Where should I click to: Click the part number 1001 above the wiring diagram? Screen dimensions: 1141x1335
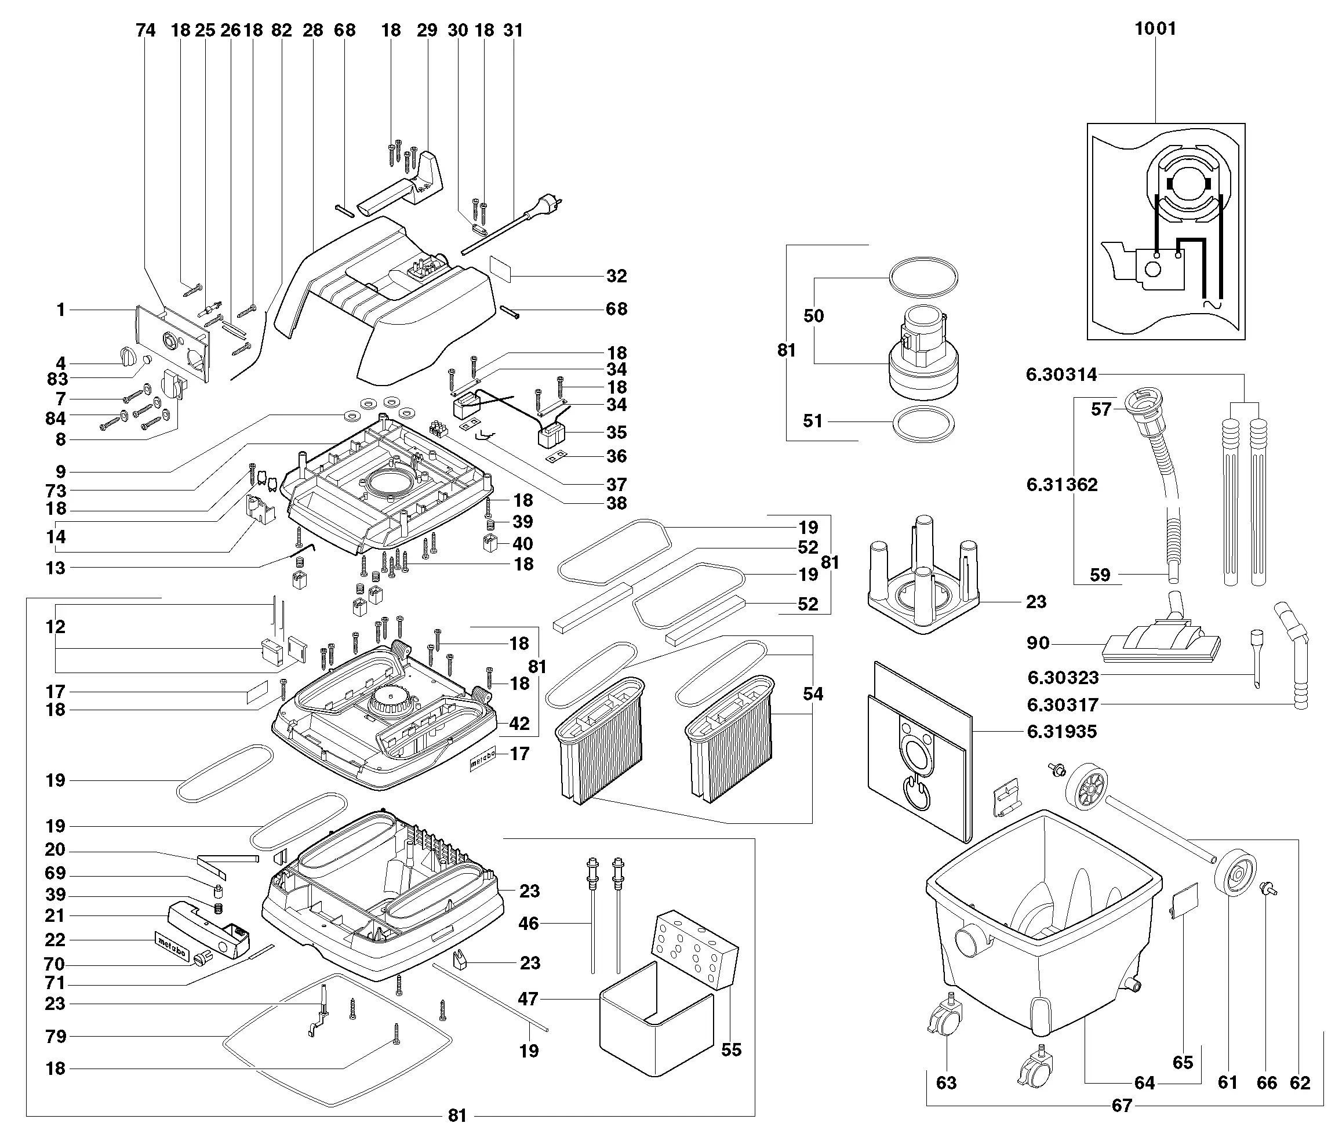(1155, 28)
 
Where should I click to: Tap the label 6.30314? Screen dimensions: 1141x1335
(1061, 375)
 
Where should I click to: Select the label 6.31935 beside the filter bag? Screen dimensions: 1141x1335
(1062, 731)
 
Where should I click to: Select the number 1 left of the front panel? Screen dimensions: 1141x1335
(61, 310)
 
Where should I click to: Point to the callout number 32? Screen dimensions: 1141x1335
(617, 276)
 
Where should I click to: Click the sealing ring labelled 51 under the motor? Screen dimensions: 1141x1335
(922, 424)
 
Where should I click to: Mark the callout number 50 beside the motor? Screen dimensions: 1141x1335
(814, 316)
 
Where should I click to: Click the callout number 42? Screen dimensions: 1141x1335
(519, 724)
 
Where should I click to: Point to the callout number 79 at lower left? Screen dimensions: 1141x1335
(56, 1036)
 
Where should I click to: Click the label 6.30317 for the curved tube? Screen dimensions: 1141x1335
(1063, 705)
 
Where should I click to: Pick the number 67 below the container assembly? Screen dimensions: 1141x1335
(1122, 1106)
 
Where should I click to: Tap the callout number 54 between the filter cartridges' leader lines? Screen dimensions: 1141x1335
(813, 694)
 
